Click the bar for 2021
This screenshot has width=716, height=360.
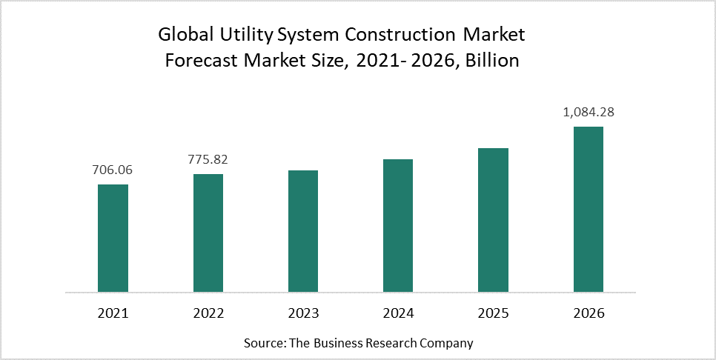click(113, 238)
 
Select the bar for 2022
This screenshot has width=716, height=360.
click(208, 233)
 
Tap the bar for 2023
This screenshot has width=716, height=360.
click(303, 231)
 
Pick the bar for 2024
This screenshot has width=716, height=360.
click(398, 225)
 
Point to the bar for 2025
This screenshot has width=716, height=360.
click(493, 220)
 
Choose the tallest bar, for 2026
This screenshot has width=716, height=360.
click(589, 209)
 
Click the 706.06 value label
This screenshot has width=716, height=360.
click(113, 170)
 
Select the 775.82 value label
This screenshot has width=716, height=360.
click(208, 160)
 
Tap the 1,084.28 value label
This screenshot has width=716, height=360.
click(589, 113)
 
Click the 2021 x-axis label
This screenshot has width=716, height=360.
click(113, 313)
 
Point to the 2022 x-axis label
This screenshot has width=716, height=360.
click(208, 313)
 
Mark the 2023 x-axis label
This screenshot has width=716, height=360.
click(303, 313)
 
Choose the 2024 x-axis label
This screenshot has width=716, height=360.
click(398, 313)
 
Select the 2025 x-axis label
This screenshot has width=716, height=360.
click(493, 313)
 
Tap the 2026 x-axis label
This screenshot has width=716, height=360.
click(589, 313)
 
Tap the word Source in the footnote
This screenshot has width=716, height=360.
click(262, 344)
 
